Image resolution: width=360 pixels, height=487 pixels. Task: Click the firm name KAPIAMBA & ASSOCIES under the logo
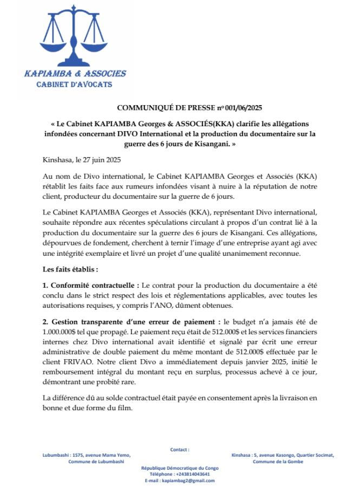(x=75, y=74)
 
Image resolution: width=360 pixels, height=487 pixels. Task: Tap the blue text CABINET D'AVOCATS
(x=74, y=85)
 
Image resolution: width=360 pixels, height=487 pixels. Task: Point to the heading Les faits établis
(x=70, y=269)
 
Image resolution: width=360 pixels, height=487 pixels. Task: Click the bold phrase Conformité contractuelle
(x=90, y=284)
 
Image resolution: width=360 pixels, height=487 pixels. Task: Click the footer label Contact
(x=180, y=450)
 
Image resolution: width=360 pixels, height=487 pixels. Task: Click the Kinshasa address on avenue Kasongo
(x=283, y=456)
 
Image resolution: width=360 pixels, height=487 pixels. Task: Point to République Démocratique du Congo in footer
(x=180, y=467)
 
